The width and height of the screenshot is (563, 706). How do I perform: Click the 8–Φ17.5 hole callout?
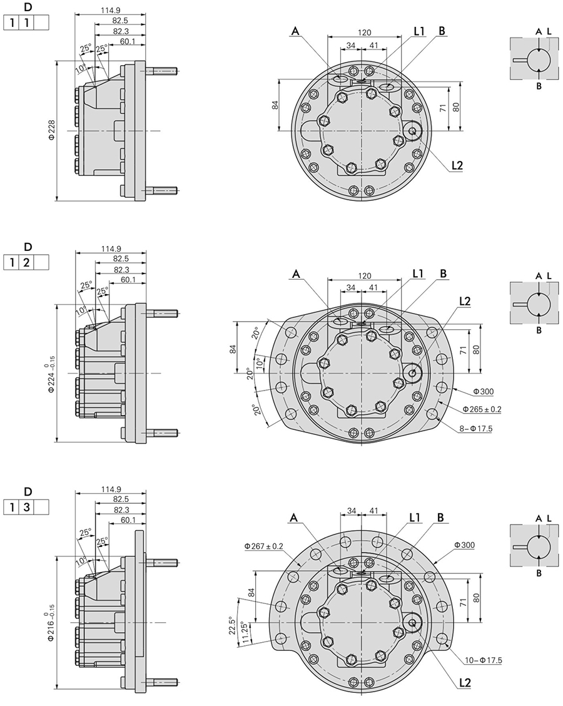[x=476, y=429]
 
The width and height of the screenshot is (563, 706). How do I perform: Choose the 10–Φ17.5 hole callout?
[x=484, y=660]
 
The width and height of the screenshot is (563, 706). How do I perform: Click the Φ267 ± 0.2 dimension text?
[x=264, y=546]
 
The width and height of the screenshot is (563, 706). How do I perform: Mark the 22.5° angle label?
[x=232, y=625]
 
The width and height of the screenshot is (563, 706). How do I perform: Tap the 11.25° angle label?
[x=245, y=635]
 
